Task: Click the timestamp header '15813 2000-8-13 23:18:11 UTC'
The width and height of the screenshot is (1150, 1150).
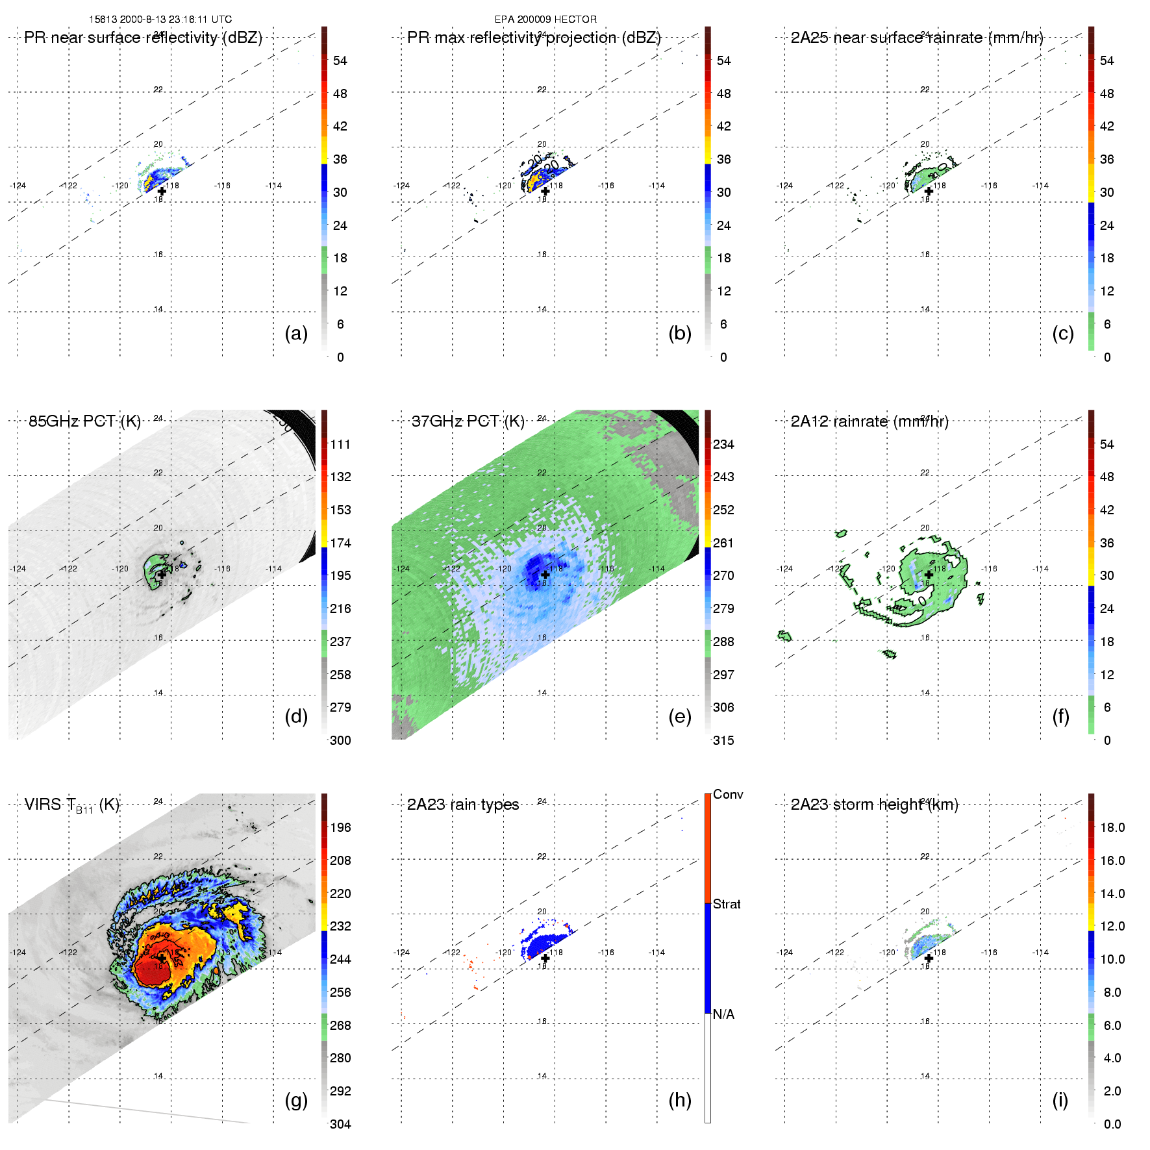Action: pyautogui.click(x=160, y=19)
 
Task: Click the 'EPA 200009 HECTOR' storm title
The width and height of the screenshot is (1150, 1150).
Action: pyautogui.click(x=545, y=19)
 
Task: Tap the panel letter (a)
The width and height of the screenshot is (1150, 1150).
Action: pyautogui.click(x=296, y=333)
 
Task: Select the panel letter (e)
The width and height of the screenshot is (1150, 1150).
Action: pyautogui.click(x=680, y=716)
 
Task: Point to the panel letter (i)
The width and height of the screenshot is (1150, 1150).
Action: pyautogui.click(x=1060, y=1100)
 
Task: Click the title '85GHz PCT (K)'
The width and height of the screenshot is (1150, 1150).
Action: pyautogui.click(x=84, y=421)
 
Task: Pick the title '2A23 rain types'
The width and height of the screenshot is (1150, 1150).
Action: pyautogui.click(x=463, y=805)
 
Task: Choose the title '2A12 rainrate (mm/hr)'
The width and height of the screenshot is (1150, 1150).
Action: pyautogui.click(x=869, y=421)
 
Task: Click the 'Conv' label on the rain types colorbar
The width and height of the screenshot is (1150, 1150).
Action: pyautogui.click(x=728, y=794)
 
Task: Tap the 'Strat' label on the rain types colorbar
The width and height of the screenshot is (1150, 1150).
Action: pyautogui.click(x=727, y=904)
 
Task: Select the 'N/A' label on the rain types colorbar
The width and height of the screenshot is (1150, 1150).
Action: pyautogui.click(x=723, y=1014)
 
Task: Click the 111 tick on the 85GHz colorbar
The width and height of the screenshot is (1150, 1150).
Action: pyautogui.click(x=340, y=444)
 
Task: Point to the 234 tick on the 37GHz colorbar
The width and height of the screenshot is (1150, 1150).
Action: pyautogui.click(x=723, y=444)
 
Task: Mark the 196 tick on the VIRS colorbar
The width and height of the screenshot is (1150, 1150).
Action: pyautogui.click(x=340, y=827)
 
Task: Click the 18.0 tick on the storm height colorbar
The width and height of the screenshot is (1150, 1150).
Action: pyautogui.click(x=1112, y=827)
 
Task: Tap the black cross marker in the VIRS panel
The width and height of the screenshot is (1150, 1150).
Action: pyautogui.click(x=161, y=958)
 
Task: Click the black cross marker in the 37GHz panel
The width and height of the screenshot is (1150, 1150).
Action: pyautogui.click(x=545, y=575)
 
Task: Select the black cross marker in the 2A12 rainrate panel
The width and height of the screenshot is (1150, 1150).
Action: pyautogui.click(x=929, y=575)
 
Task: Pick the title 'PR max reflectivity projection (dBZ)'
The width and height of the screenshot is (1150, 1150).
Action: pyautogui.click(x=534, y=38)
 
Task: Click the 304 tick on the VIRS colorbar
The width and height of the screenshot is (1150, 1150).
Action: pyautogui.click(x=340, y=1124)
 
